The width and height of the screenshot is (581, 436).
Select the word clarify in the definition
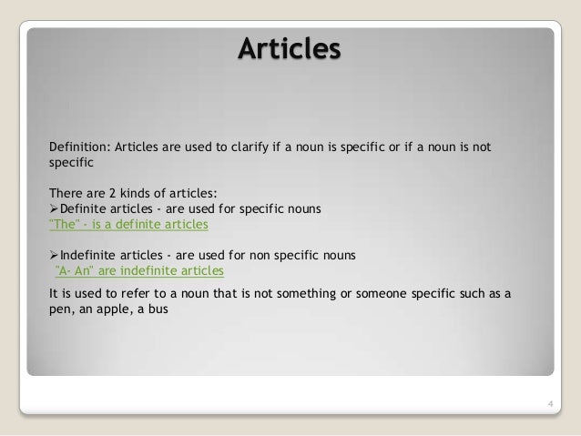click(x=241, y=148)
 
